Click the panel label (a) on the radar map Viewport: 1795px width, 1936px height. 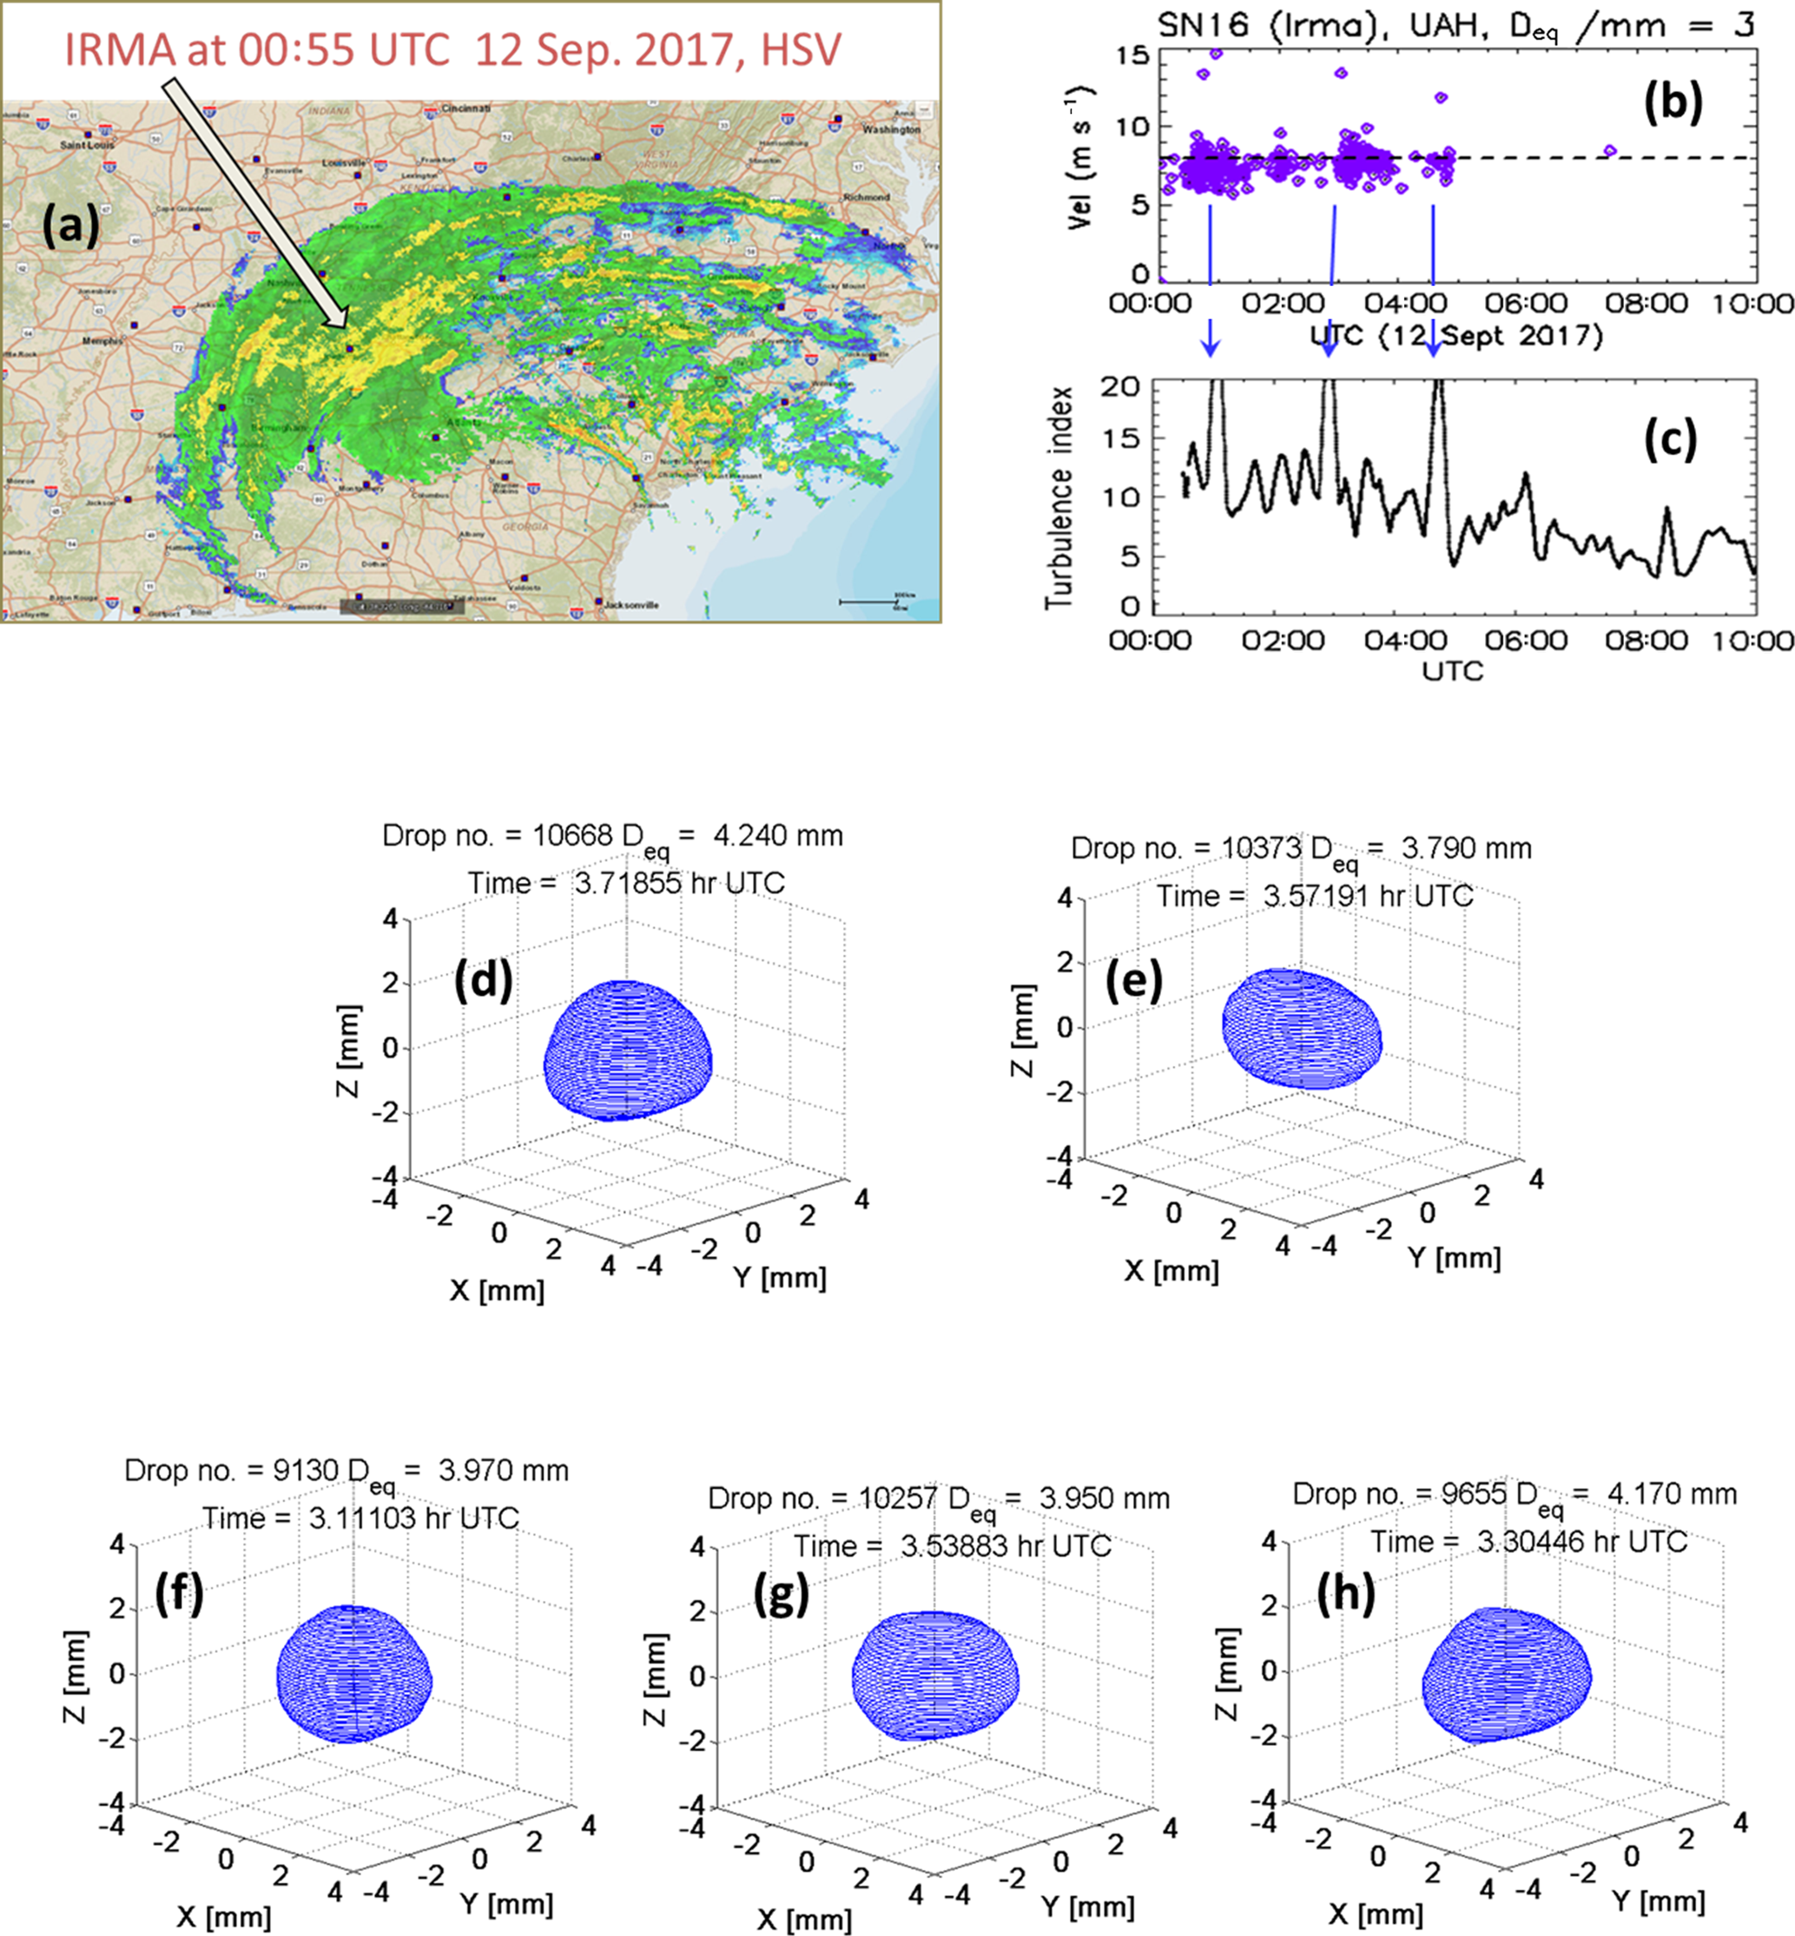70,227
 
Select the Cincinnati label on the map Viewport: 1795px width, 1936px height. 466,109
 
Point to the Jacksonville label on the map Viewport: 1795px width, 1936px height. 631,605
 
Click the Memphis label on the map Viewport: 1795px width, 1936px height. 102,341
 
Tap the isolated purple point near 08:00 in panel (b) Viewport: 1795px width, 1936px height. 1609,150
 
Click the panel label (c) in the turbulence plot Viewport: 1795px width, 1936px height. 1670,438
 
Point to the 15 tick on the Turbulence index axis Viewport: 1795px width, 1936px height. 1123,438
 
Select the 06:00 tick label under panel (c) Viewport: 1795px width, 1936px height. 1525,641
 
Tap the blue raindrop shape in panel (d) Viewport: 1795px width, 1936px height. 628,1050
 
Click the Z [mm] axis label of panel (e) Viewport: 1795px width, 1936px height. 1023,1029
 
